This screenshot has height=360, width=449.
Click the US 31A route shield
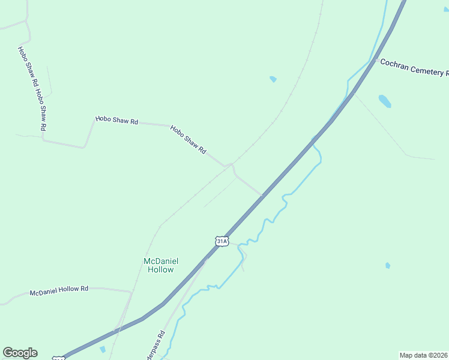pos(221,241)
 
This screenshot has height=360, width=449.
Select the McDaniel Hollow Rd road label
pos(59,291)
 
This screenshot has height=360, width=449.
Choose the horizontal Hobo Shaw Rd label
pos(116,120)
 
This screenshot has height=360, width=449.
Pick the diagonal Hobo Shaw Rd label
pos(188,140)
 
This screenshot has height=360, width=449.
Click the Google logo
pos(20,353)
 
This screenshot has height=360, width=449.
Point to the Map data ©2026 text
pos(424,355)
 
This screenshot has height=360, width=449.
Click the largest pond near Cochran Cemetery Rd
pos(384,101)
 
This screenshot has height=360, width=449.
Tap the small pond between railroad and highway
pos(273,79)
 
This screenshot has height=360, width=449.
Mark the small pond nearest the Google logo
pos(102,349)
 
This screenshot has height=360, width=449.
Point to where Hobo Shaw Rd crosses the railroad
pos(232,163)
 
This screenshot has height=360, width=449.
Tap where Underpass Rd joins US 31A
pos(205,260)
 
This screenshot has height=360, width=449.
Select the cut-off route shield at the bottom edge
pos(58,358)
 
